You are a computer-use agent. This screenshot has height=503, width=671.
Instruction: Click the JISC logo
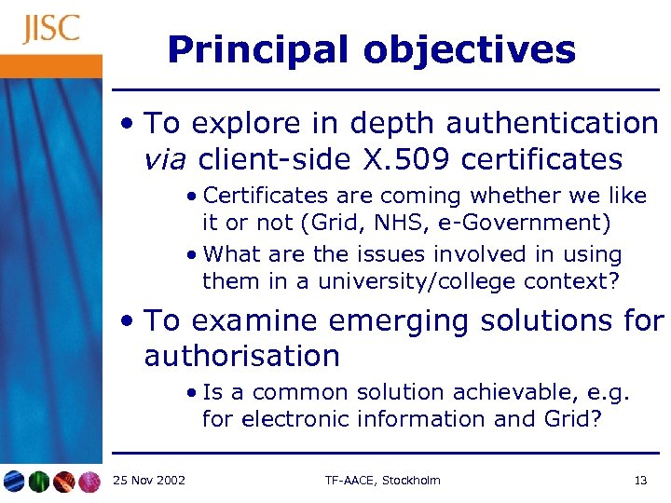pos(52,29)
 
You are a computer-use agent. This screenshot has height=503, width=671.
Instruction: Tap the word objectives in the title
pos(470,49)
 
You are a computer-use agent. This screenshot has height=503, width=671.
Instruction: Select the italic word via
pos(165,159)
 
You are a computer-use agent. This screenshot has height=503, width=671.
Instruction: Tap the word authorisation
pos(242,356)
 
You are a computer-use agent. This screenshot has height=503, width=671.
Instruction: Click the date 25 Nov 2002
pos(148,481)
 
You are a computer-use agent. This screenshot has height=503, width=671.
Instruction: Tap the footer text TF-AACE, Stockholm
pos(382,481)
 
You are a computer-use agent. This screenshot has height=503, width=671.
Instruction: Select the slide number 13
pos(640,481)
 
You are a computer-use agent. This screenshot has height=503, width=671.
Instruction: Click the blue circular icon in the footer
pos(15,482)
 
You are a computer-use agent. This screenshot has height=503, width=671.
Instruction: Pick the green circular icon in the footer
pos(39,482)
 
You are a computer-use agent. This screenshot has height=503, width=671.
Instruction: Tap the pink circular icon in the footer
pos(89,482)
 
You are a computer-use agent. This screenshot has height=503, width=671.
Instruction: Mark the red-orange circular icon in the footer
pos(64,482)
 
